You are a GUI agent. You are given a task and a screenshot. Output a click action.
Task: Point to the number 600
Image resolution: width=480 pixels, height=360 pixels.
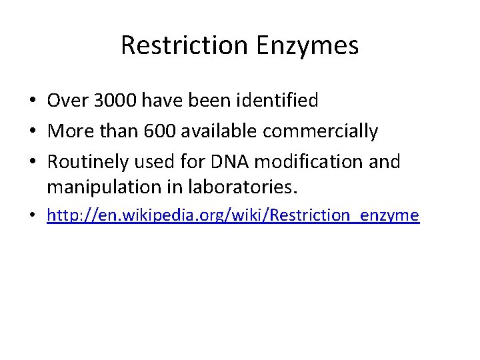pos(158,131)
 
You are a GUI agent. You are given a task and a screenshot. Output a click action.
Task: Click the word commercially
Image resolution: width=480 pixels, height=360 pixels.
pos(320,131)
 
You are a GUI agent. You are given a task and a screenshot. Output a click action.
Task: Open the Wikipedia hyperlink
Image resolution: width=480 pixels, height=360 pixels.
pos(233,215)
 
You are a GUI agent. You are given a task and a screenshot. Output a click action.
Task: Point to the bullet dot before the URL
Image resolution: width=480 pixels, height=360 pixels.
pos(32,216)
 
